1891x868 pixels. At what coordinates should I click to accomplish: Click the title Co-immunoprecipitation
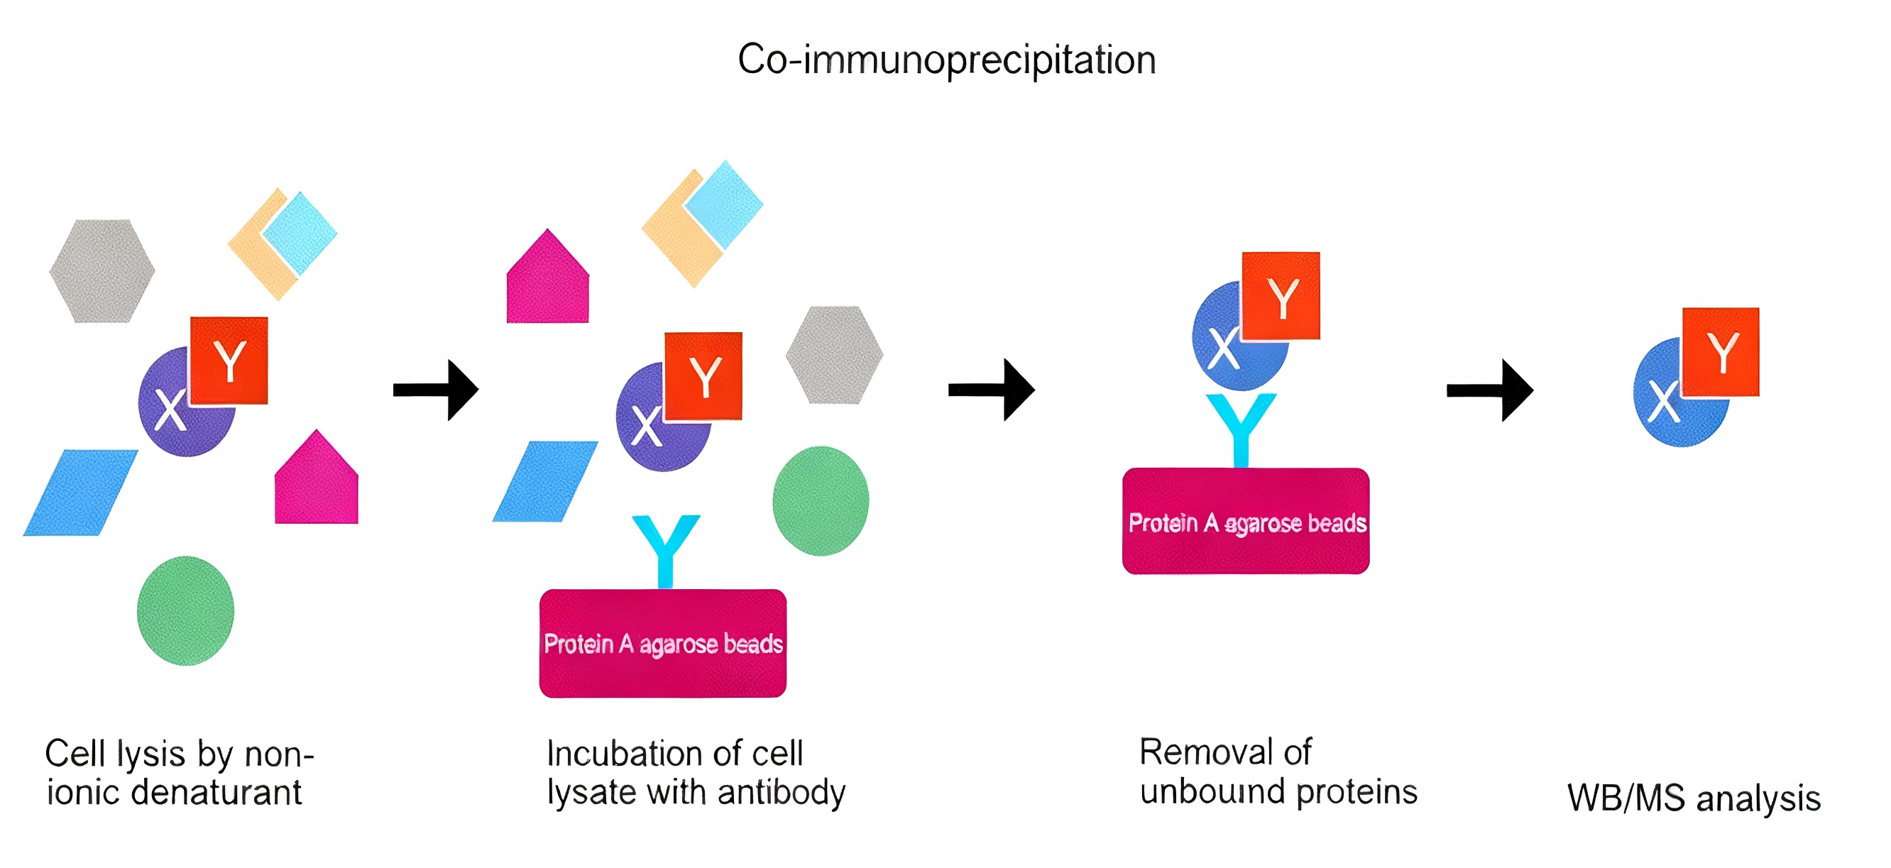[x=946, y=60]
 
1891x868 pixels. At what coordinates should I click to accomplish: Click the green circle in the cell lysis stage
[x=185, y=610]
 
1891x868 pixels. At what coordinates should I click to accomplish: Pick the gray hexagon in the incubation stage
[x=834, y=355]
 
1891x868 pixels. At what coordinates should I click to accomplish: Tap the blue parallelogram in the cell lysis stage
[x=80, y=493]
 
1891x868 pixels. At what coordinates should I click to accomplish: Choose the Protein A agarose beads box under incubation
[x=663, y=643]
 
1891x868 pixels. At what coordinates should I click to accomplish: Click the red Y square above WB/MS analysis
[x=1720, y=352]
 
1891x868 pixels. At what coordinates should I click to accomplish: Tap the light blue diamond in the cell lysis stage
[x=300, y=234]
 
